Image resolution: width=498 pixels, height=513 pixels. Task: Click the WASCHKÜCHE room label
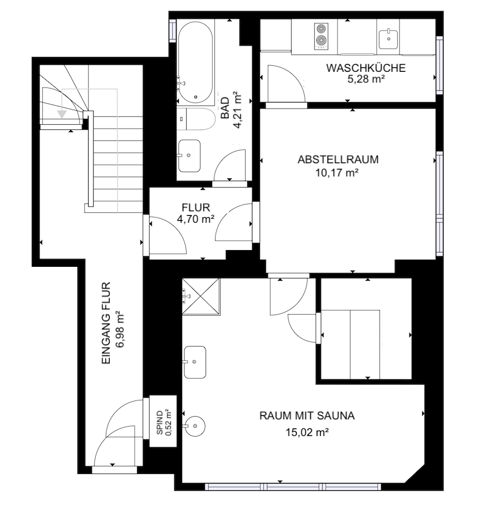pyautogui.click(x=366, y=68)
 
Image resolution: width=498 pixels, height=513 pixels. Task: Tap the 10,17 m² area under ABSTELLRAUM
pyautogui.click(x=337, y=173)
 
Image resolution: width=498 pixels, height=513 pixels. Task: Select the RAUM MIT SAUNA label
pyautogui.click(x=307, y=416)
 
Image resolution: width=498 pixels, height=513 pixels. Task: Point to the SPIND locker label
pyautogui.click(x=160, y=422)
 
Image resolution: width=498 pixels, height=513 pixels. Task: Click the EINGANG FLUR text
pyautogui.click(x=106, y=323)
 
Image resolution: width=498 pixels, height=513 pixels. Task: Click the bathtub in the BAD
pyautogui.click(x=196, y=62)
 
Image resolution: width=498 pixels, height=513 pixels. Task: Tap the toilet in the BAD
pyautogui.click(x=196, y=119)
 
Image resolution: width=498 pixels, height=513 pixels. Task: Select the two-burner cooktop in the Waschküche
pyautogui.click(x=321, y=36)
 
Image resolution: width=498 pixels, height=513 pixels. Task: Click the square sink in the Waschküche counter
pyautogui.click(x=388, y=39)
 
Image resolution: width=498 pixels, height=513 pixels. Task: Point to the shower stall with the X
pyautogui.click(x=201, y=297)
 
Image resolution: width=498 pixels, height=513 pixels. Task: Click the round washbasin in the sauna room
pyautogui.click(x=195, y=426)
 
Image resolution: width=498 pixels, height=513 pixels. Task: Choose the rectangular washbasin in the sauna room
pyautogui.click(x=194, y=362)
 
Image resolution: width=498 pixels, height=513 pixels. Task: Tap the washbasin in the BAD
pyautogui.click(x=189, y=156)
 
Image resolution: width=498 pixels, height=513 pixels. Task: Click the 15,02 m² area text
pyautogui.click(x=307, y=433)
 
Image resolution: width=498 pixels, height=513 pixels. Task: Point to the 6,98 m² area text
pyautogui.click(x=120, y=329)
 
